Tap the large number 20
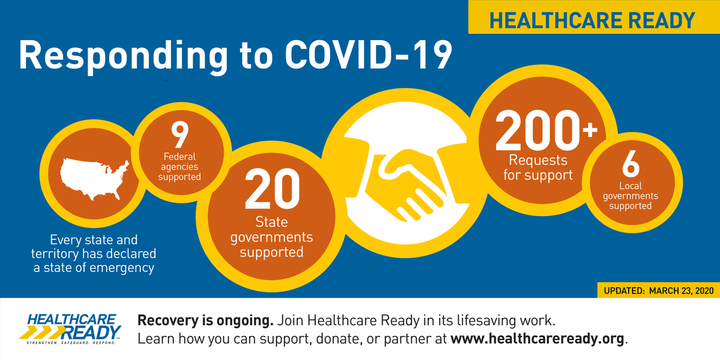(x=271, y=188)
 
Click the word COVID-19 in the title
(x=368, y=56)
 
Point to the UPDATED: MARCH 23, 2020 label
(x=656, y=290)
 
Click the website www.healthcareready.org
(x=538, y=338)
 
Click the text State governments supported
(x=271, y=237)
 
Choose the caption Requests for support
(x=538, y=168)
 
